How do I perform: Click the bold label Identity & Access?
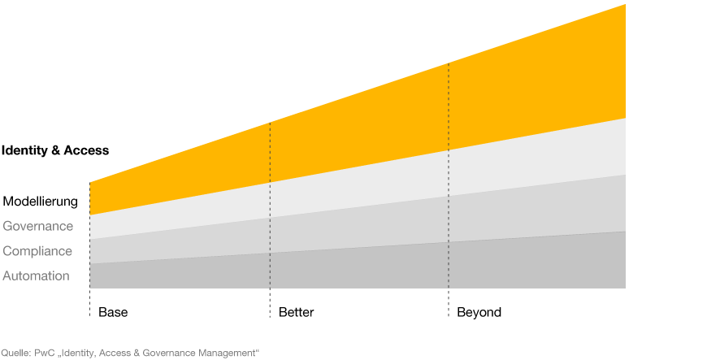[55, 150]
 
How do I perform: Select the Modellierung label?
[41, 202]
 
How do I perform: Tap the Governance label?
[37, 227]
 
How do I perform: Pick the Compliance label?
[37, 251]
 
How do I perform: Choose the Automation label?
[36, 276]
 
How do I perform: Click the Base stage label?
[113, 313]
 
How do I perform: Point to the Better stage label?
[296, 313]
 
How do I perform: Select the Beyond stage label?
[479, 313]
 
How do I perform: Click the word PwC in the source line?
[41, 353]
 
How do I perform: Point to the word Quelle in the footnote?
[16, 353]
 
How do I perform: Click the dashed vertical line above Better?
[270, 220]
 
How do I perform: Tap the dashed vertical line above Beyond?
[449, 190]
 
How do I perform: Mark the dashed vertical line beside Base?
[89, 249]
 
